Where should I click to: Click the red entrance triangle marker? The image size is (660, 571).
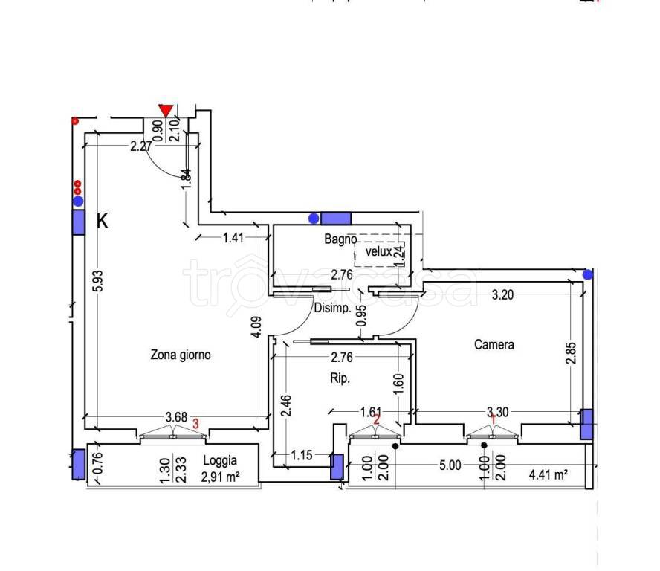click(166, 111)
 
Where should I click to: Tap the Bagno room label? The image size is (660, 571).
click(340, 239)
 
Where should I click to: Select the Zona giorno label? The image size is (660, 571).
click(181, 355)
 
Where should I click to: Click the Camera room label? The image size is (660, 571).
click(494, 344)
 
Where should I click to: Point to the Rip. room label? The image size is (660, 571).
click(340, 378)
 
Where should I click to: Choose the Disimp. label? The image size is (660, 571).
click(332, 308)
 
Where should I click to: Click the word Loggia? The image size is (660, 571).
click(220, 461)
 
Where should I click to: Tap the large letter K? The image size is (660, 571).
click(103, 220)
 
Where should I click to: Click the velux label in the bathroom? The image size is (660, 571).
click(379, 252)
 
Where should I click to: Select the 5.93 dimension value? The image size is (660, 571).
click(97, 281)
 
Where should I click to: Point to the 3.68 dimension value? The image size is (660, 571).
click(176, 417)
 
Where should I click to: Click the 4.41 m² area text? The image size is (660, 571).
click(549, 474)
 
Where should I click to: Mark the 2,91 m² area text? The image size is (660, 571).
click(220, 477)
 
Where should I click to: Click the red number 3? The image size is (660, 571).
click(195, 423)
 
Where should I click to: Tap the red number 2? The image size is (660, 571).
click(377, 419)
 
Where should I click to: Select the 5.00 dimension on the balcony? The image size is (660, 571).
click(450, 465)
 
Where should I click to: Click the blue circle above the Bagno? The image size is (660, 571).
click(314, 218)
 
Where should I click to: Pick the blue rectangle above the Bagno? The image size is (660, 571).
click(336, 219)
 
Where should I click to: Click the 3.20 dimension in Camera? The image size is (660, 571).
click(502, 294)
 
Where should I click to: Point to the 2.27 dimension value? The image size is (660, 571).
click(141, 146)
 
